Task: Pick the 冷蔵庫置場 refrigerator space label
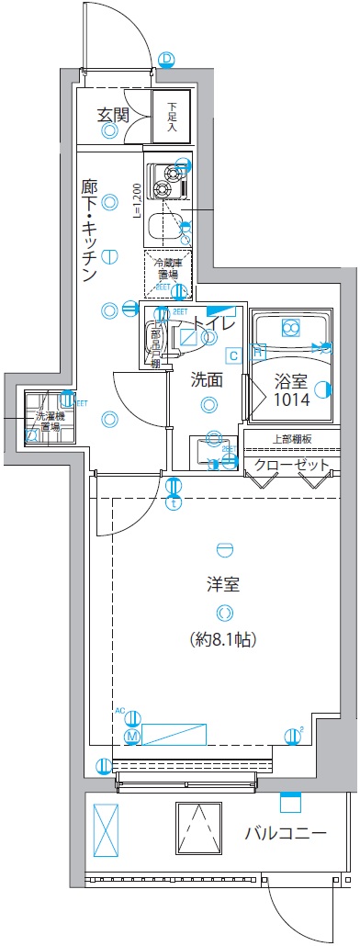point(166,268)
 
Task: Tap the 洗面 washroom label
point(208,377)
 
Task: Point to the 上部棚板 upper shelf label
point(292,440)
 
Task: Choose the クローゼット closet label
point(292,465)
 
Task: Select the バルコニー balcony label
point(286,834)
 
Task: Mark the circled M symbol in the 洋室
point(131,737)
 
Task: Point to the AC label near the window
point(119,710)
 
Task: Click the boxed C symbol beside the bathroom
point(233,355)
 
